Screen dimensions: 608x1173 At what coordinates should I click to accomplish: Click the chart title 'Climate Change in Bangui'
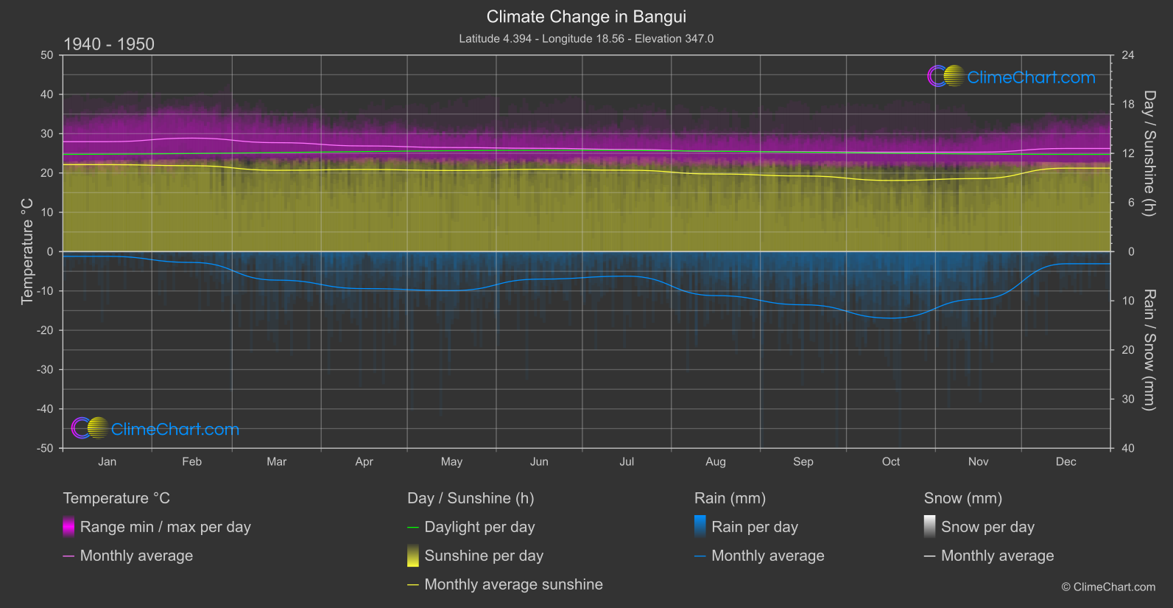click(x=586, y=16)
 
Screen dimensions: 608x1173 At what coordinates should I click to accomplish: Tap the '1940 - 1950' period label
click(x=109, y=44)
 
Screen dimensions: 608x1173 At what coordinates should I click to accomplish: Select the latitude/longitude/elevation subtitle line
click(x=586, y=38)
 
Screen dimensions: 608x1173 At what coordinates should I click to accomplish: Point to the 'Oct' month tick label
click(x=890, y=461)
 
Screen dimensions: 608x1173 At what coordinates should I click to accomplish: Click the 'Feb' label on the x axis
click(x=191, y=461)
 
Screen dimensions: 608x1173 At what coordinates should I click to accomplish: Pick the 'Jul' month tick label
click(x=627, y=461)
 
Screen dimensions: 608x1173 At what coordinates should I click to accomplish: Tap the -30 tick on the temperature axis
click(x=46, y=370)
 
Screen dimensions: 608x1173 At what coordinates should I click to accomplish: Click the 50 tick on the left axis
click(x=47, y=55)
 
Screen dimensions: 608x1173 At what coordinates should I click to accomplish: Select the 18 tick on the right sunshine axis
click(x=1127, y=105)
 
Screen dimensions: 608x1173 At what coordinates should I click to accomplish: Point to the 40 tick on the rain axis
click(x=1127, y=448)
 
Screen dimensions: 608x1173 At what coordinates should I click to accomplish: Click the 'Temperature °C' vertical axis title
click(x=27, y=251)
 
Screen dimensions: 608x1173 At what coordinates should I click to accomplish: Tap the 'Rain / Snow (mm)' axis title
click(x=1149, y=349)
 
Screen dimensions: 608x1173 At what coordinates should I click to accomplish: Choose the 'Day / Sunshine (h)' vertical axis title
click(x=1149, y=153)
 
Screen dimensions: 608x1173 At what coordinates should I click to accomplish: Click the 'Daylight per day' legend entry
click(x=479, y=527)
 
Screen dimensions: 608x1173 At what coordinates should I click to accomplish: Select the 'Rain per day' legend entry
click(x=754, y=527)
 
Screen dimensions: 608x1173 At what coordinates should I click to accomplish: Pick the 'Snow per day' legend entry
click(x=987, y=527)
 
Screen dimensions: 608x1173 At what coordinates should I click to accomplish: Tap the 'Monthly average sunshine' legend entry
click(x=513, y=584)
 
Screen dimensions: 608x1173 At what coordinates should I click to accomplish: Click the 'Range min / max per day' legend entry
click(x=165, y=527)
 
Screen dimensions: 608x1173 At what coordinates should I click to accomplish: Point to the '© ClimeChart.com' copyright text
click(x=1108, y=587)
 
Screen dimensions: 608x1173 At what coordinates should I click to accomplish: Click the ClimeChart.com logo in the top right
click(x=1012, y=77)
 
